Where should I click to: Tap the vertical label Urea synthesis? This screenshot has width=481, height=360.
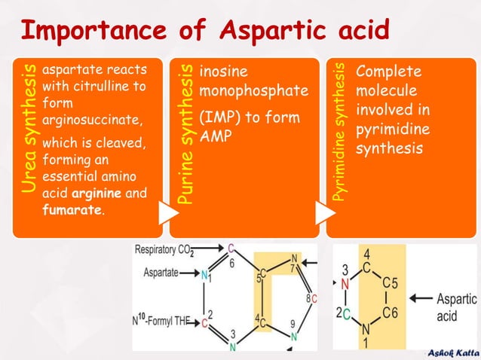click(28, 128)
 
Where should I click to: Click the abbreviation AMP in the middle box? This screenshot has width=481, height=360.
click(214, 136)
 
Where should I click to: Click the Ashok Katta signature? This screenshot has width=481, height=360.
click(452, 352)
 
